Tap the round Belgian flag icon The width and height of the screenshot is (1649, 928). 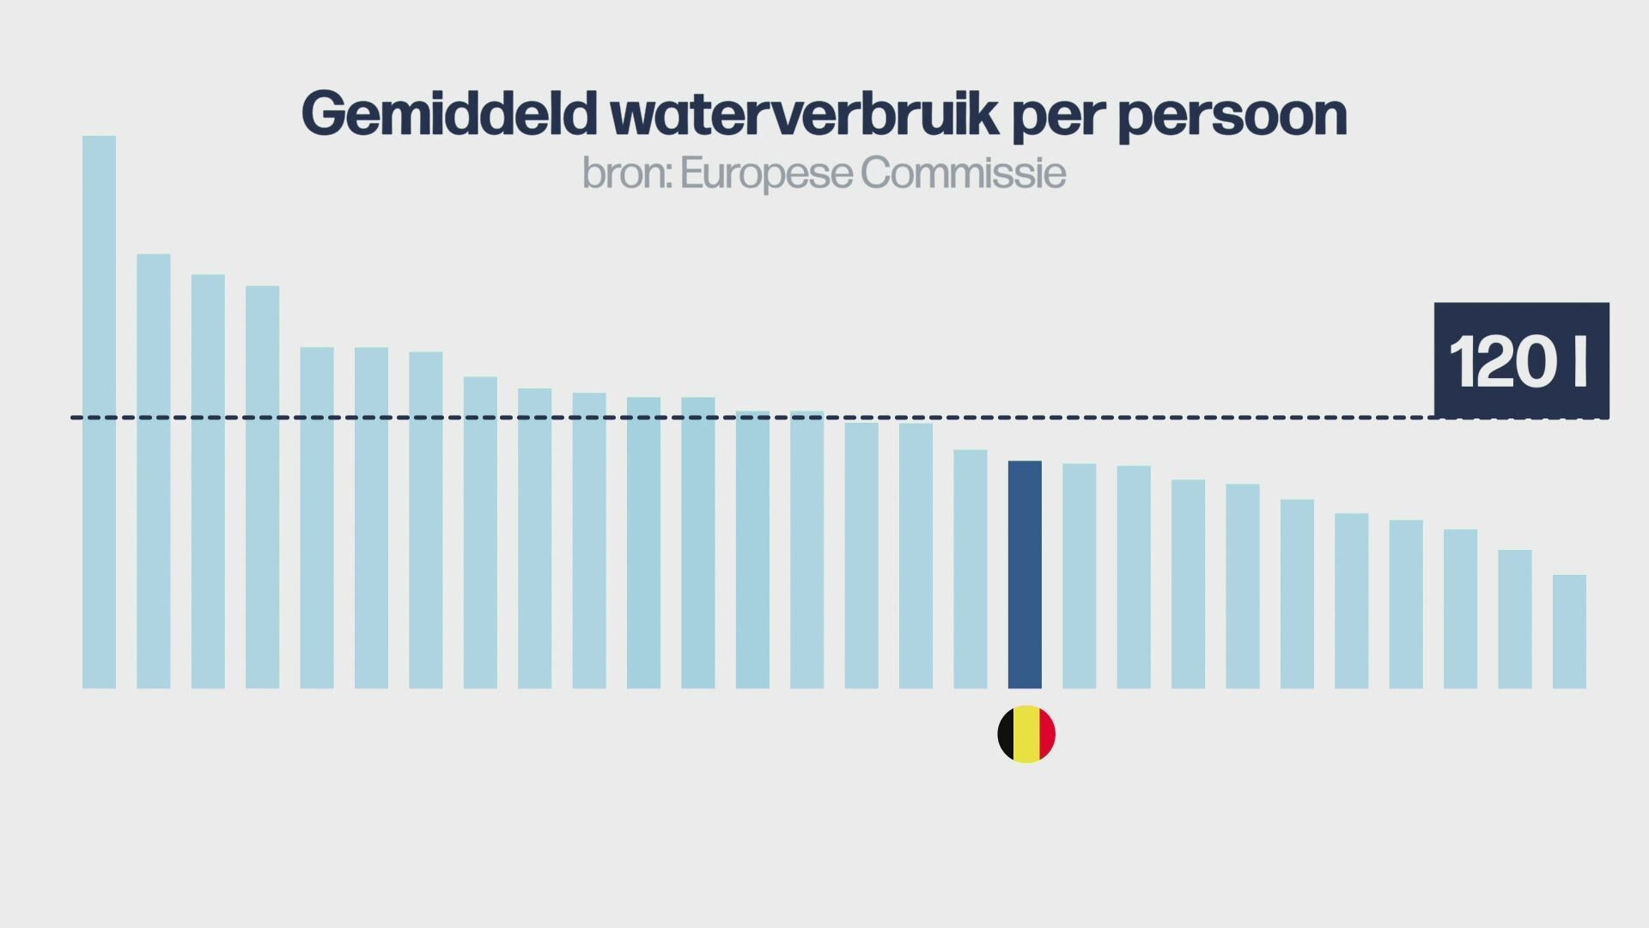[1026, 735]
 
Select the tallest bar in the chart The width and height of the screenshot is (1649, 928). [99, 412]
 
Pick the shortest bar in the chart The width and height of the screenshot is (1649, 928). [1569, 632]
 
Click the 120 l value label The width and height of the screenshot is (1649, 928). [1521, 361]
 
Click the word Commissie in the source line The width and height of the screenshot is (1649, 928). [963, 174]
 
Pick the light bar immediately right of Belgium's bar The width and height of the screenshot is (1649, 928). [1079, 576]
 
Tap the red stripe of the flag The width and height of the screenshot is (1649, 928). [1047, 735]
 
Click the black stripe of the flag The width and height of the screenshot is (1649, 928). [1006, 735]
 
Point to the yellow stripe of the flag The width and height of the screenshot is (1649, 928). [1026, 735]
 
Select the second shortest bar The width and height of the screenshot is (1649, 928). [1515, 619]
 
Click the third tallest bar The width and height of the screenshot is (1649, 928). [208, 481]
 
